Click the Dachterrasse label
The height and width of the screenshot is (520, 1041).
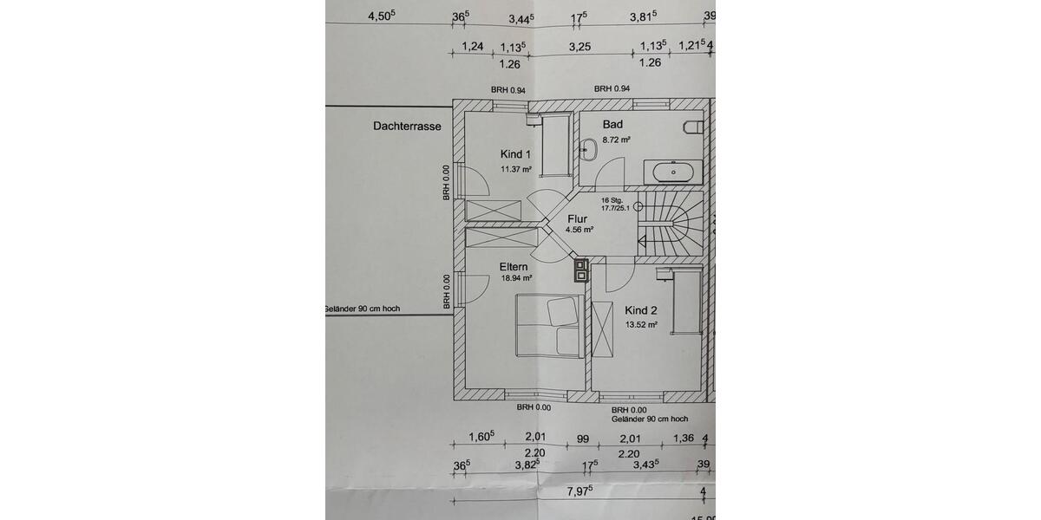(x=407, y=126)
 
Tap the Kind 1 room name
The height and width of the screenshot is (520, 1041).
(x=515, y=153)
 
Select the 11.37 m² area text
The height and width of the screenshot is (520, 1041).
(x=515, y=169)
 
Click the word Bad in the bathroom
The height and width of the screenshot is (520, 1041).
(x=612, y=125)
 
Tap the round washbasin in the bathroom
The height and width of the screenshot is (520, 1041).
(x=588, y=148)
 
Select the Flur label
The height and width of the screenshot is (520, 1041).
(x=578, y=219)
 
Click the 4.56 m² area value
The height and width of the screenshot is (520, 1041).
(x=578, y=231)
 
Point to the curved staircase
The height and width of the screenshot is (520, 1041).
(x=671, y=224)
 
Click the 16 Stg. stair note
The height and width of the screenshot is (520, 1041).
(x=612, y=199)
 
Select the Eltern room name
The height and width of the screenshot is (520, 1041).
(x=515, y=267)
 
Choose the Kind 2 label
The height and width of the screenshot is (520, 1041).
(x=641, y=310)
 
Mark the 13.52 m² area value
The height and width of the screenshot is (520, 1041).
(x=641, y=326)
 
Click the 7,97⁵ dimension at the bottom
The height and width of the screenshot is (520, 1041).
(x=579, y=491)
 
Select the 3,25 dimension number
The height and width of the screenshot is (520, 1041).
(x=579, y=46)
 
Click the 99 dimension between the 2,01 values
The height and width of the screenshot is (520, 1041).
(x=582, y=439)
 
